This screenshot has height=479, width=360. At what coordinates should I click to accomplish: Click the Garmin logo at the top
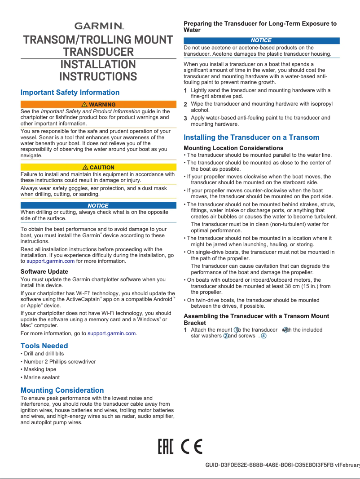coord(99,26)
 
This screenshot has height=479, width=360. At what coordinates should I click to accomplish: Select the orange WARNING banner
coord(98,105)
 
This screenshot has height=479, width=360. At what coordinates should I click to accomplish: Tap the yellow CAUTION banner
coord(98,168)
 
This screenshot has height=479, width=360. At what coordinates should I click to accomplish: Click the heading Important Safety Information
coord(70,93)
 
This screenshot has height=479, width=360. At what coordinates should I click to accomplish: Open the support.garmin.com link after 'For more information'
coord(112,333)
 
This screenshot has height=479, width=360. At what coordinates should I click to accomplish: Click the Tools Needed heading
coord(44,346)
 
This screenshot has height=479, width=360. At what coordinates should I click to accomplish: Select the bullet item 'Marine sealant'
coord(41,377)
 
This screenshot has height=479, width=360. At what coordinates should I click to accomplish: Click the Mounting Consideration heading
coord(62,390)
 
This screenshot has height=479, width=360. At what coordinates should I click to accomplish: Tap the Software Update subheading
coord(44,272)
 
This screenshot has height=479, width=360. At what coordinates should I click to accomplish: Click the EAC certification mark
coord(166,447)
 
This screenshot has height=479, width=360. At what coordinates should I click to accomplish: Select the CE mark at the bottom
coord(192,447)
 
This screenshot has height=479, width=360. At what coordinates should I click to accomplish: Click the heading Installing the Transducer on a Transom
coord(251,137)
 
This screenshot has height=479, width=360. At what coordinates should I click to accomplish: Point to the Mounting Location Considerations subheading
coord(233,148)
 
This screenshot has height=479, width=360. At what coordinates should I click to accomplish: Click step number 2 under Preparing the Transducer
coord(186,104)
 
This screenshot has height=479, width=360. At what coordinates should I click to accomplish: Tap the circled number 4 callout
coord(264,337)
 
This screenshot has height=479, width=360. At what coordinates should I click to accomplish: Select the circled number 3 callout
coord(226,337)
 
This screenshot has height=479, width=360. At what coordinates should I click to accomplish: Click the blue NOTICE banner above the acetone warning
coord(261,40)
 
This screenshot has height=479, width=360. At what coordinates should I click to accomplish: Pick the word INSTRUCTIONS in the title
coord(98,76)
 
